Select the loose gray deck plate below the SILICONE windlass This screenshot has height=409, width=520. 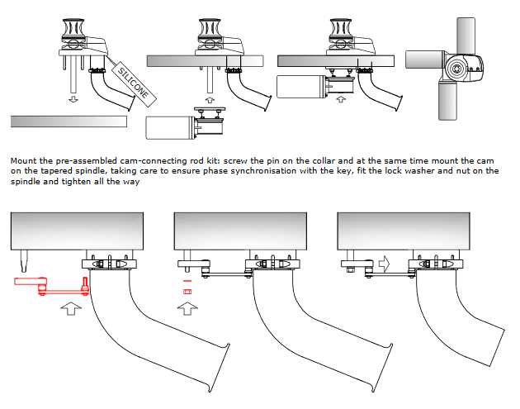pyautogui.click(x=69, y=121)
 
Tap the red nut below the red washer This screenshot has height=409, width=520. pyautogui.click(x=187, y=292)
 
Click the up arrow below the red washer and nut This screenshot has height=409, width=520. pyautogui.click(x=187, y=311)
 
